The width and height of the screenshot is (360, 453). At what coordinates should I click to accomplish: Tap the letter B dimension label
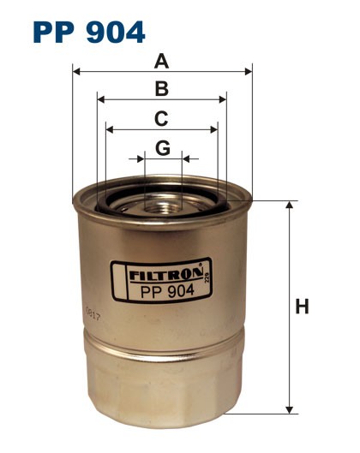161,88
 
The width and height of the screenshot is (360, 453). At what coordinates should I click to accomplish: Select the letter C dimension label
161,118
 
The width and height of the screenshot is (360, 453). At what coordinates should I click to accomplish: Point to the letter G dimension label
163,148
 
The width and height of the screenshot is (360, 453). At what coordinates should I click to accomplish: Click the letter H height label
302,307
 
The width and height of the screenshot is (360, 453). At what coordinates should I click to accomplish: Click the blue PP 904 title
89,32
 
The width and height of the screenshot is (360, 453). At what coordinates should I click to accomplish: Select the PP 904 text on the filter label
162,290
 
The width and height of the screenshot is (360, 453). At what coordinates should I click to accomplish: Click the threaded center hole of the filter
163,203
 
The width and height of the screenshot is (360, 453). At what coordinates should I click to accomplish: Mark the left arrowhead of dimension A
77,72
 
